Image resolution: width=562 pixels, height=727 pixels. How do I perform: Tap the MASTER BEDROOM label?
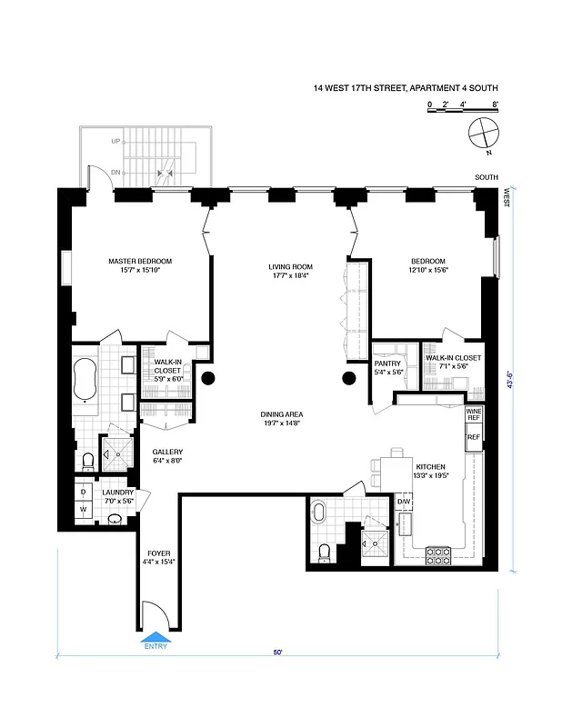140,262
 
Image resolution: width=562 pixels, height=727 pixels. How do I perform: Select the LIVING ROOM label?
288,267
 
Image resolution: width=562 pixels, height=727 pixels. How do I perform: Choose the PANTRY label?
388,361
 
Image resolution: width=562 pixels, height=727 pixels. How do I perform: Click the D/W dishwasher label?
404,501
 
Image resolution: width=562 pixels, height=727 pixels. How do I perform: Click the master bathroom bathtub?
87,379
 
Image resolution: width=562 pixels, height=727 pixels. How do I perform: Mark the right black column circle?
349,378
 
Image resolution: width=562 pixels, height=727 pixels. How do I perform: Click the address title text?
405,88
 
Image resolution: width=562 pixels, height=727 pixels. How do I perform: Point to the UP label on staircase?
115,142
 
